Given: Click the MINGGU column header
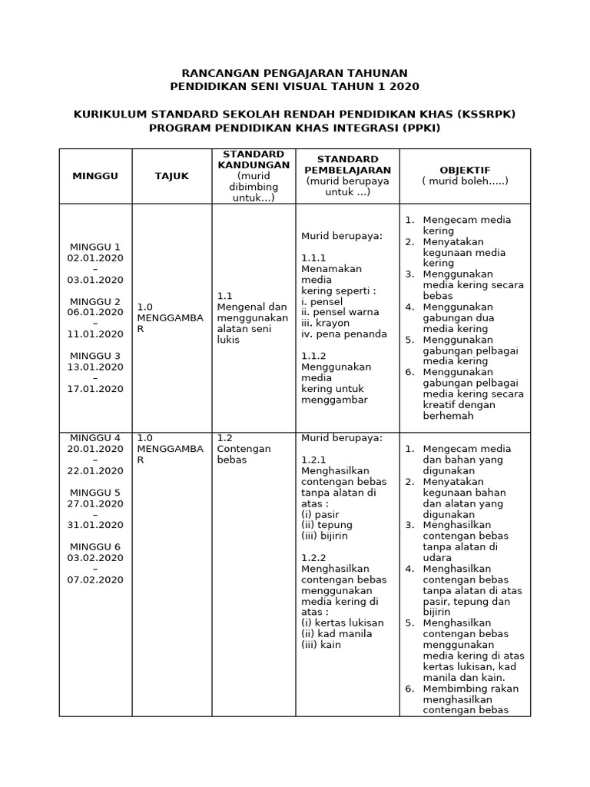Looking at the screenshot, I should point(95,176).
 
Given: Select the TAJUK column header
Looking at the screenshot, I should point(171,176).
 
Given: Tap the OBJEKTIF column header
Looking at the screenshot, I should point(464,170).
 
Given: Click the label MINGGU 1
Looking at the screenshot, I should point(95,247).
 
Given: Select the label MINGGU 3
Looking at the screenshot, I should point(95,356).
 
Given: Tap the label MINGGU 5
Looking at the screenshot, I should point(95,492).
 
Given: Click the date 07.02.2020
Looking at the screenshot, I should point(95,579).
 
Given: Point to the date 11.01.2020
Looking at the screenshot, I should point(95,334).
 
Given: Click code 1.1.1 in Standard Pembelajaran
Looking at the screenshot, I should point(313,258).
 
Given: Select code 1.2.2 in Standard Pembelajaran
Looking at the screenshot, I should point(313,558).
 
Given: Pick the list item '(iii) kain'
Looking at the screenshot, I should point(320,645).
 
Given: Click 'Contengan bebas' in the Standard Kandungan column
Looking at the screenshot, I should point(244,454).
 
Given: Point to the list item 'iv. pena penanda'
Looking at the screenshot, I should point(343,334).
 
